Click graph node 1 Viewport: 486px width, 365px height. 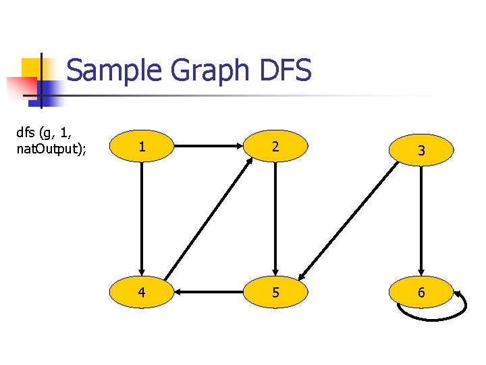click(x=142, y=146)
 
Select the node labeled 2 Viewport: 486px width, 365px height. click(x=275, y=146)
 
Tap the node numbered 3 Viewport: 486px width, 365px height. click(x=421, y=150)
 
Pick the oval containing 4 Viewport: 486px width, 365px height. click(x=142, y=293)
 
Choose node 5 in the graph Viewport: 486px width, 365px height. click(x=275, y=293)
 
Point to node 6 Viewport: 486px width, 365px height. click(x=421, y=293)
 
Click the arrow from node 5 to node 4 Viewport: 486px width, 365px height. click(x=209, y=293)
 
